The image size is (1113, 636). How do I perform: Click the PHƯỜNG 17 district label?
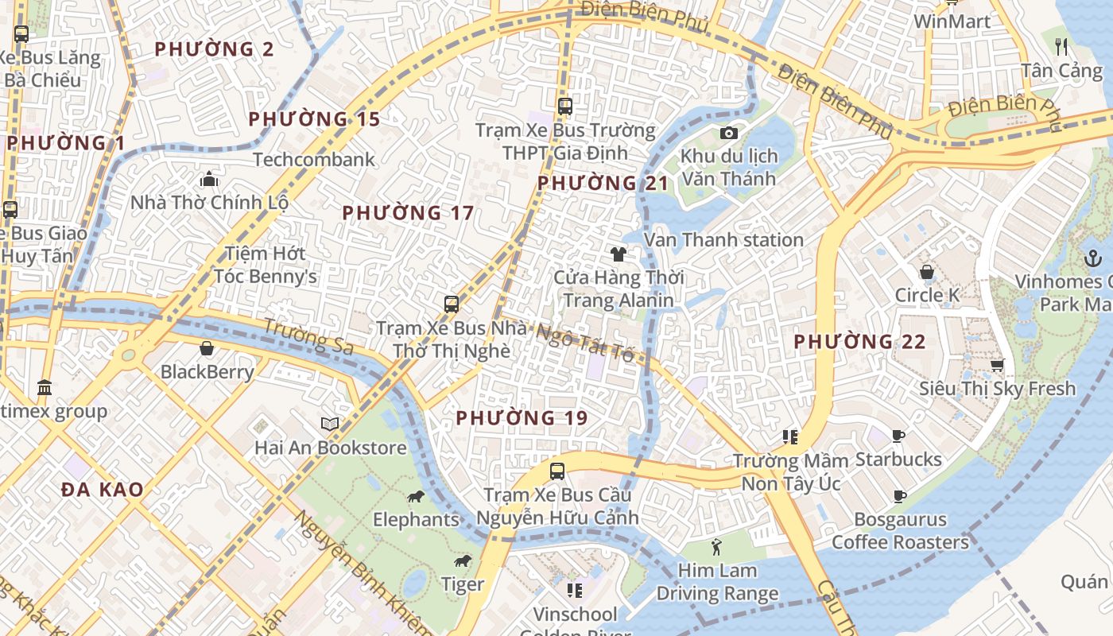(x=408, y=213)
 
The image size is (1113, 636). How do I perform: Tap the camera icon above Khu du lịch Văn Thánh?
(x=728, y=134)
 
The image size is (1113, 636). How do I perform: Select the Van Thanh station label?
(x=723, y=239)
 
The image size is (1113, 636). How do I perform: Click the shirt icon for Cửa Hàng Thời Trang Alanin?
(x=619, y=254)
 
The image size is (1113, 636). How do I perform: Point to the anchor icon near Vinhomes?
(x=1092, y=258)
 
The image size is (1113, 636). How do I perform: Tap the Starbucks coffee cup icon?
(x=898, y=436)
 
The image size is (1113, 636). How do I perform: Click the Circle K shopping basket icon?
(x=926, y=272)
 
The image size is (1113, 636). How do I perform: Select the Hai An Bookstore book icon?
(x=330, y=424)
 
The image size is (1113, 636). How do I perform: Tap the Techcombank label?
(x=313, y=159)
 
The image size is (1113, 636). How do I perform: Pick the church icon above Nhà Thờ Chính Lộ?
(x=209, y=179)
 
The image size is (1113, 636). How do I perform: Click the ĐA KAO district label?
(x=103, y=490)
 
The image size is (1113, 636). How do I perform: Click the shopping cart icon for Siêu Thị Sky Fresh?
(x=997, y=365)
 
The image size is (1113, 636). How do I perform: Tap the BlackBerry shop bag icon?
(x=207, y=348)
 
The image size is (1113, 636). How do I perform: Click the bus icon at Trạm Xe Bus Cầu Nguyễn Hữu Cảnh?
(x=557, y=471)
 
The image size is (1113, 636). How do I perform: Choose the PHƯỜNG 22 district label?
(x=859, y=342)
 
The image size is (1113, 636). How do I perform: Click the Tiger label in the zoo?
(x=463, y=584)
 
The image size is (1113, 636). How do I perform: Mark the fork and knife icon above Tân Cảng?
(x=1061, y=46)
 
